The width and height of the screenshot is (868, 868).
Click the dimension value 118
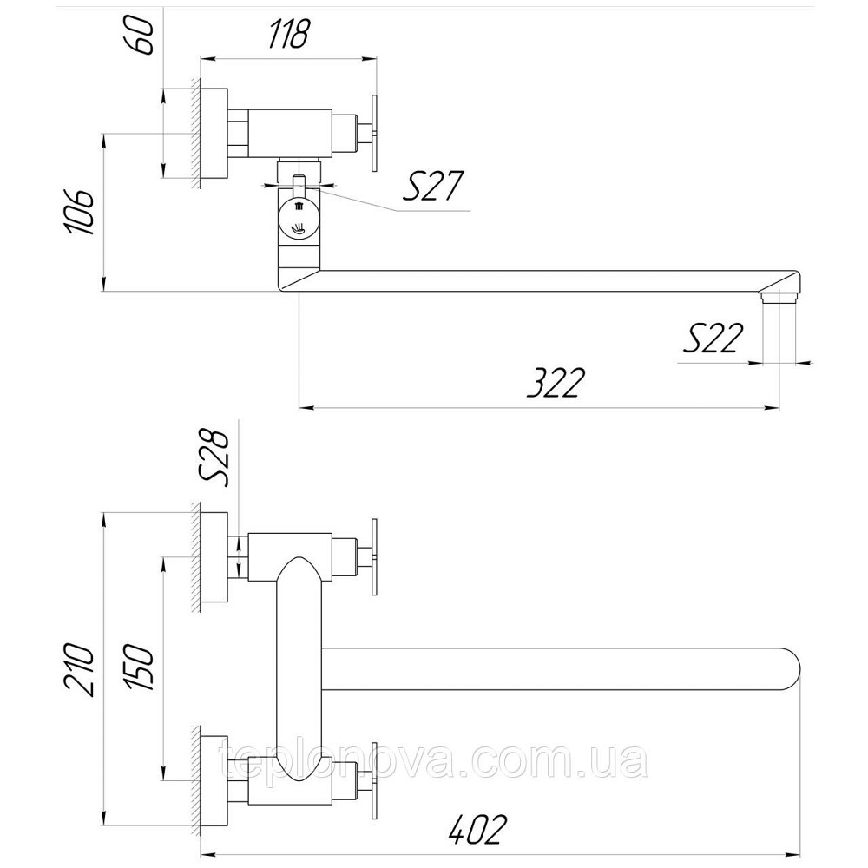coord(288,34)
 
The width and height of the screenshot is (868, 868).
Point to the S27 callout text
coord(431,186)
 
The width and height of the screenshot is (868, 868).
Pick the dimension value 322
coord(555,382)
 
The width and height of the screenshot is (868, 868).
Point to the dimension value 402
coord(477,830)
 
